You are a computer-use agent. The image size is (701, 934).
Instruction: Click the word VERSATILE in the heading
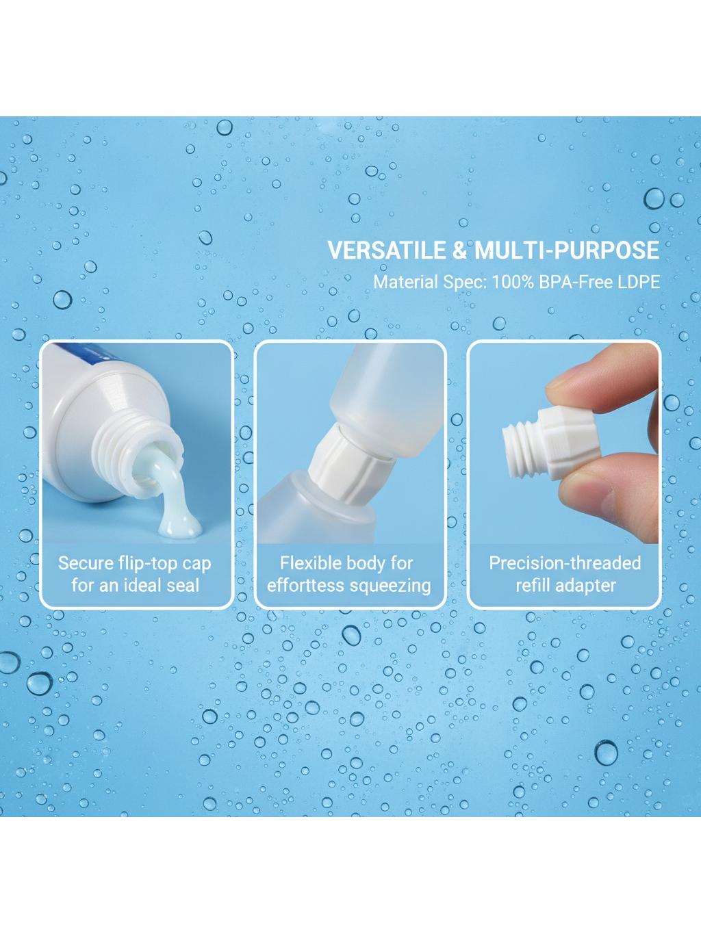[386, 250]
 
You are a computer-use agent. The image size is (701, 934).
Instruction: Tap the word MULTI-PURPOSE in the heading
[567, 250]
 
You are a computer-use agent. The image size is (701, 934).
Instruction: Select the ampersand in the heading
[459, 250]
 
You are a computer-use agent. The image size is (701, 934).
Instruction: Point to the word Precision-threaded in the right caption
[565, 563]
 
